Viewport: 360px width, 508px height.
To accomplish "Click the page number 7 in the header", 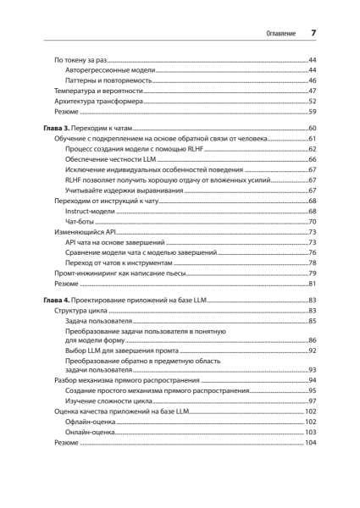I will point(313,33).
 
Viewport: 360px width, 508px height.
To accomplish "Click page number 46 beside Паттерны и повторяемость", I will point(312,80).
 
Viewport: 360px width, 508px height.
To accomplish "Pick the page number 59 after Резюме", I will point(312,112).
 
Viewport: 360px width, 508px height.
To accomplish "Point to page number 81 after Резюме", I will point(312,284).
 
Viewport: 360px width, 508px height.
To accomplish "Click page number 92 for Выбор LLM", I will point(312,351).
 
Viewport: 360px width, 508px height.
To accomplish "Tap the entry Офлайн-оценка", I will point(92,422).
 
